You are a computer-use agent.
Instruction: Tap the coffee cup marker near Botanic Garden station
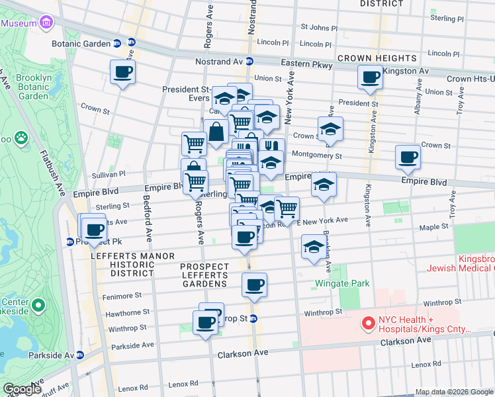pos(122,72)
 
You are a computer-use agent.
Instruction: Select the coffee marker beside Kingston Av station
pos(370,77)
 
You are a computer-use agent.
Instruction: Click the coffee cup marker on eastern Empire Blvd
pos(408,157)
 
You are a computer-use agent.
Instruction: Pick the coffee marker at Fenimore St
pos(254,285)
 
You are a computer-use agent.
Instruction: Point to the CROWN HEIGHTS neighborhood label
pos(376,58)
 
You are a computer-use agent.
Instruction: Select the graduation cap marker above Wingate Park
pos(314,247)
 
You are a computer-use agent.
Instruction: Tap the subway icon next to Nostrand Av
pos(250,62)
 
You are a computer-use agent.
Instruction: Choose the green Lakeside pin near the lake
pos(38,305)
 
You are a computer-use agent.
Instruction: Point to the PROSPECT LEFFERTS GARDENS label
pos(204,275)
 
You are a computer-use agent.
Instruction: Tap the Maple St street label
pos(434,227)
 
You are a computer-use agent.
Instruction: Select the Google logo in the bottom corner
pos(22,389)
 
